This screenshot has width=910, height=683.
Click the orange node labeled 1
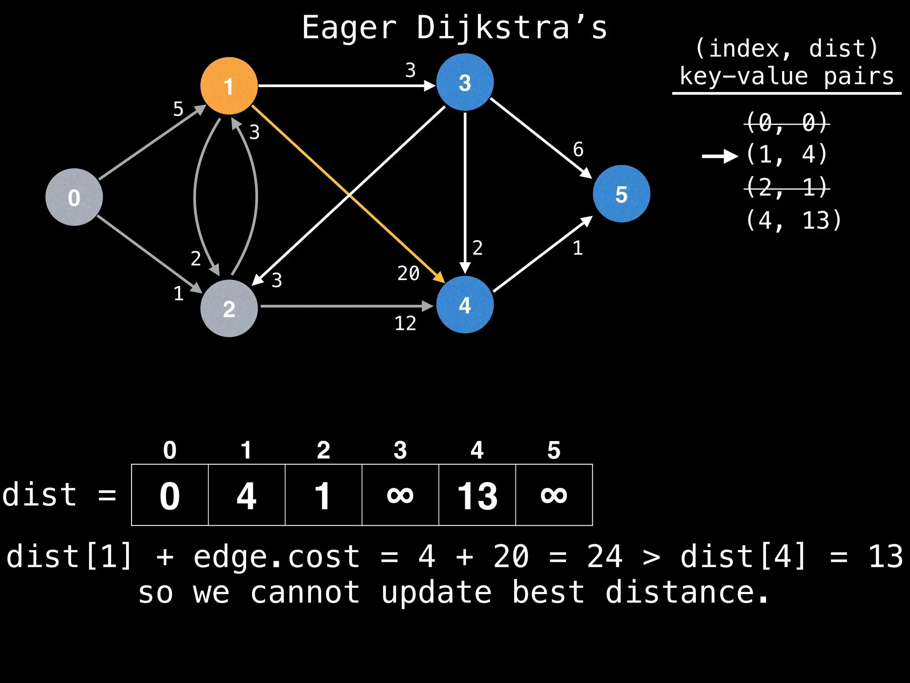[x=229, y=86]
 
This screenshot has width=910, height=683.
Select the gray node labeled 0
[x=74, y=197]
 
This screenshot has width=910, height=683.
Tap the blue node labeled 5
[x=621, y=194]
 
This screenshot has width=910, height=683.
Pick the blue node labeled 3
[x=465, y=82]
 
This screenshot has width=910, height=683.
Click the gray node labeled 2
[x=229, y=308]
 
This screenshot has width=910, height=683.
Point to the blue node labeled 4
[x=465, y=305]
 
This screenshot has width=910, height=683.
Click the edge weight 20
[x=408, y=273]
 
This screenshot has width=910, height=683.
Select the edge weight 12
[x=405, y=323]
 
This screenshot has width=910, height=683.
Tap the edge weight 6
[x=578, y=149]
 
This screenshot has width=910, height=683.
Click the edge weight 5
[x=178, y=109]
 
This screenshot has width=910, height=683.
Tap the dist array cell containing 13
[x=477, y=495]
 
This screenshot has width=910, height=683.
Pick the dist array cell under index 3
[x=400, y=495]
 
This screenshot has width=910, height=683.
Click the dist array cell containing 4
[x=247, y=495]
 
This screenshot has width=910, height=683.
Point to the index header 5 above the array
[x=554, y=450]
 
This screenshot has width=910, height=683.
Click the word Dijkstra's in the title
[x=511, y=28]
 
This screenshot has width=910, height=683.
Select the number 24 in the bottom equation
[x=605, y=556]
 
